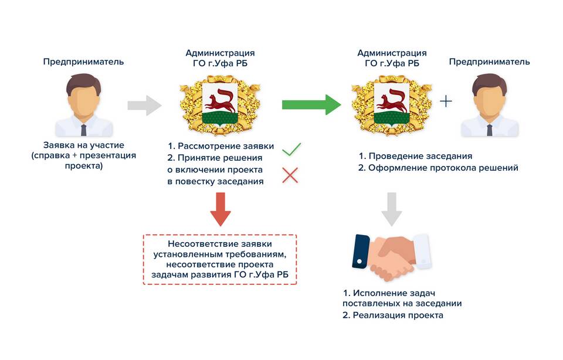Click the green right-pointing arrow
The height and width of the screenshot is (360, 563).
(x=311, y=104)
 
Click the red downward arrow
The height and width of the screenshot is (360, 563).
(x=221, y=209)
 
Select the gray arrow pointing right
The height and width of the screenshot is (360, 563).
(x=144, y=106)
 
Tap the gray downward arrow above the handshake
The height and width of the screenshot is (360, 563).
(x=392, y=209)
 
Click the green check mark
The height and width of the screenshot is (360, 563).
(x=291, y=150)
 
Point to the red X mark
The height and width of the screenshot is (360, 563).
(x=290, y=175)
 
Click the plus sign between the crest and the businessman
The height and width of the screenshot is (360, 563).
(x=446, y=101)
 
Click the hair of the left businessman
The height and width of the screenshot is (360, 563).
(x=84, y=83)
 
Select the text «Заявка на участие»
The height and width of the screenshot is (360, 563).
(x=84, y=145)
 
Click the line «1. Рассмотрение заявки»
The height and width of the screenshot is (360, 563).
(x=221, y=146)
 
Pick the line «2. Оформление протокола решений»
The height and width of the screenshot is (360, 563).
(x=438, y=168)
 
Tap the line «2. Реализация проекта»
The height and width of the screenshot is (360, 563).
(x=393, y=315)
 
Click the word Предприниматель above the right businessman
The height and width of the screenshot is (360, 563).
(x=489, y=62)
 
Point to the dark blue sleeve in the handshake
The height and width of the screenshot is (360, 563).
(x=361, y=252)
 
